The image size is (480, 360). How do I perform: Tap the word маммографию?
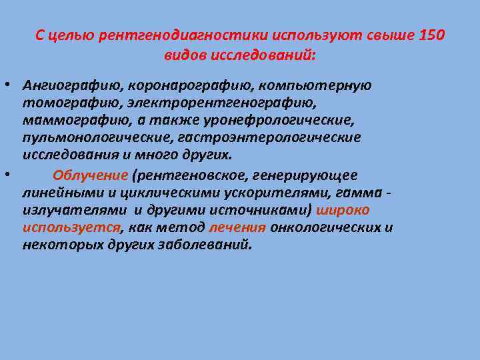75,121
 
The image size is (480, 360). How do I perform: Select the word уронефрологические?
283,121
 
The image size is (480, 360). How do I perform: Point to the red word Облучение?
89,175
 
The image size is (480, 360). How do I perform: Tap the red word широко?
345,210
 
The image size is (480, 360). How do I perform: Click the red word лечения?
237,227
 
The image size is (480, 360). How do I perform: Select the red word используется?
71,227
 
